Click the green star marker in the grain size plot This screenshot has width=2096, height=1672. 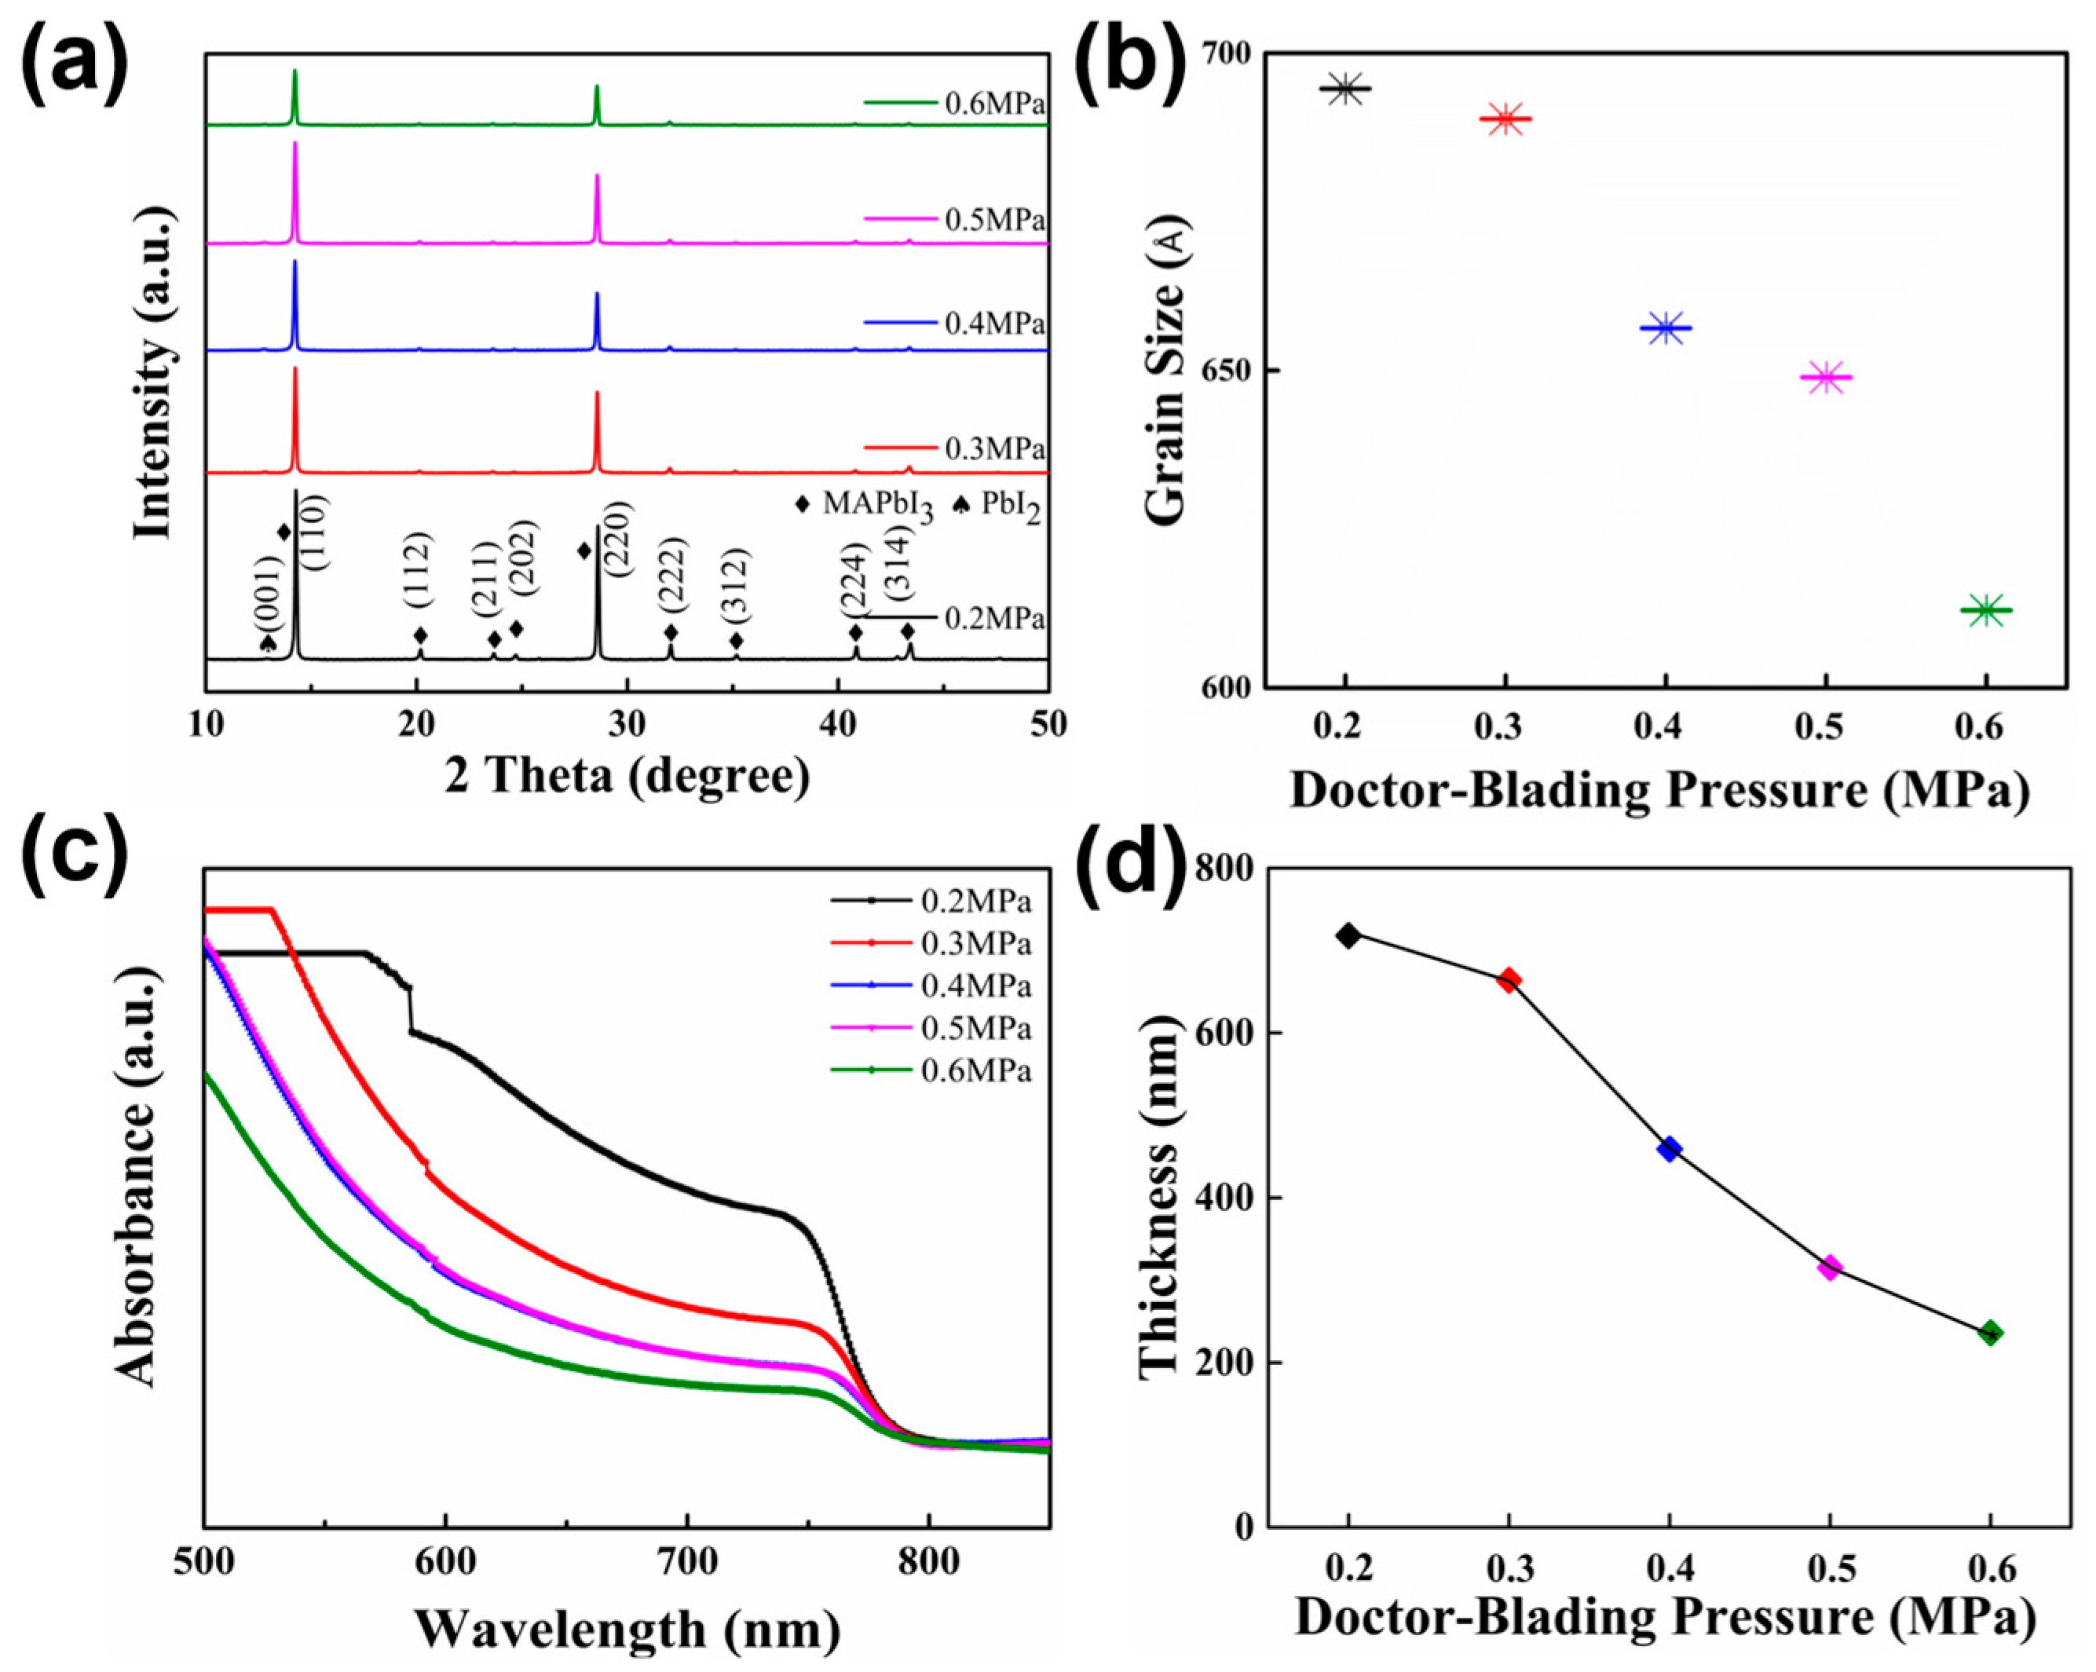(1985, 610)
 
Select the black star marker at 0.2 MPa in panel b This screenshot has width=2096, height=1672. (1345, 89)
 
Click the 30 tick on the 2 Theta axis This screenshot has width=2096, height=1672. (627, 724)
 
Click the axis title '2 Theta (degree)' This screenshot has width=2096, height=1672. (627, 777)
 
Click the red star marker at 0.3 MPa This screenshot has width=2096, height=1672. (1505, 119)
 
